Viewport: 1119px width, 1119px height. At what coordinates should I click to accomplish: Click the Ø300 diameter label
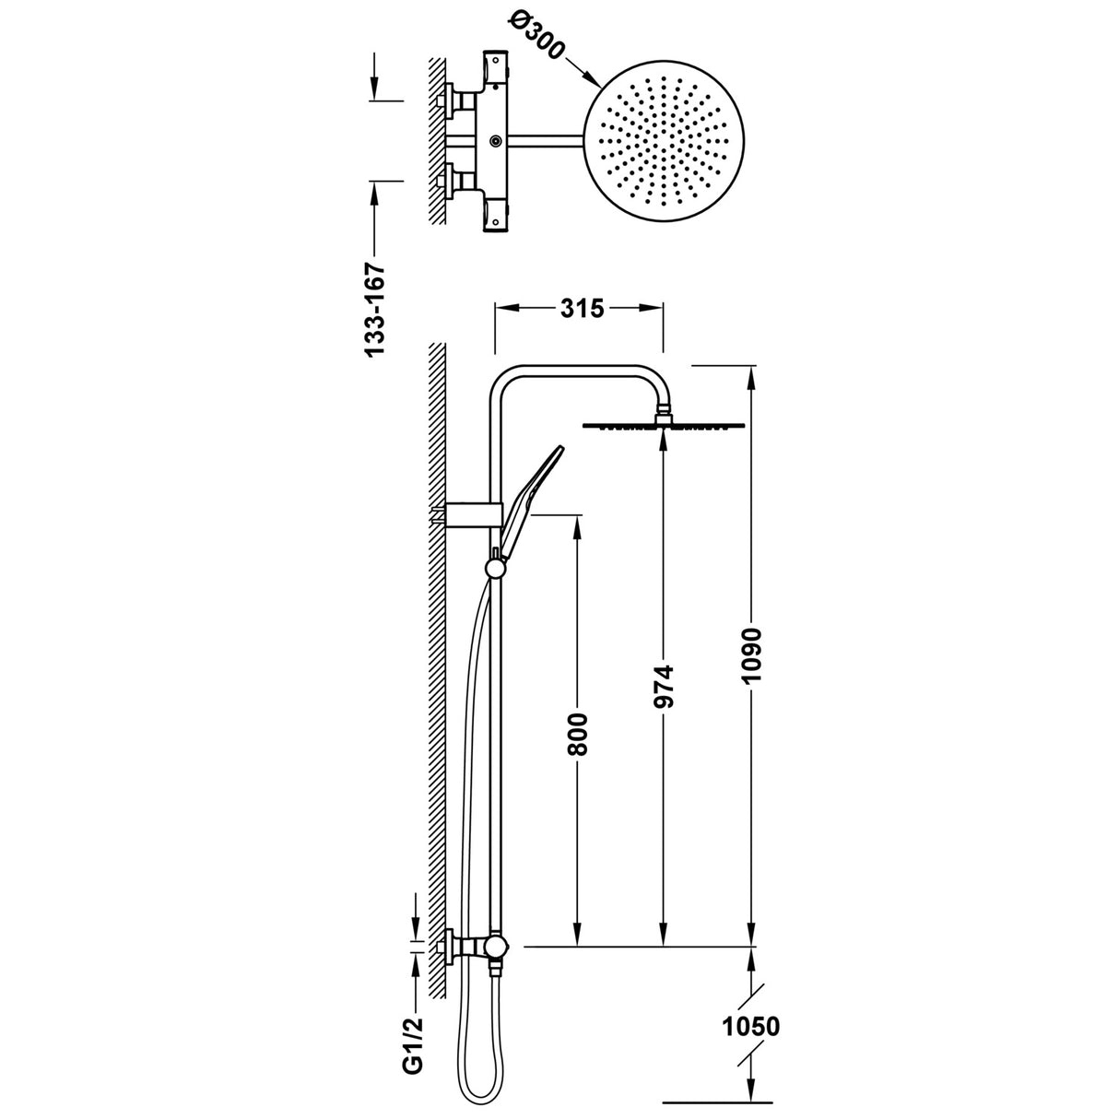(x=532, y=38)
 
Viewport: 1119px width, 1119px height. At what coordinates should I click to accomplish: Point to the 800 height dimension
(x=578, y=733)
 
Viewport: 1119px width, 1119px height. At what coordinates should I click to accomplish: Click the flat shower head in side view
(x=662, y=426)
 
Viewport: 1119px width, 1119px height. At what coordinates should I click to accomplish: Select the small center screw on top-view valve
(x=497, y=140)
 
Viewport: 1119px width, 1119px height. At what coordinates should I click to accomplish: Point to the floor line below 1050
(x=716, y=1101)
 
